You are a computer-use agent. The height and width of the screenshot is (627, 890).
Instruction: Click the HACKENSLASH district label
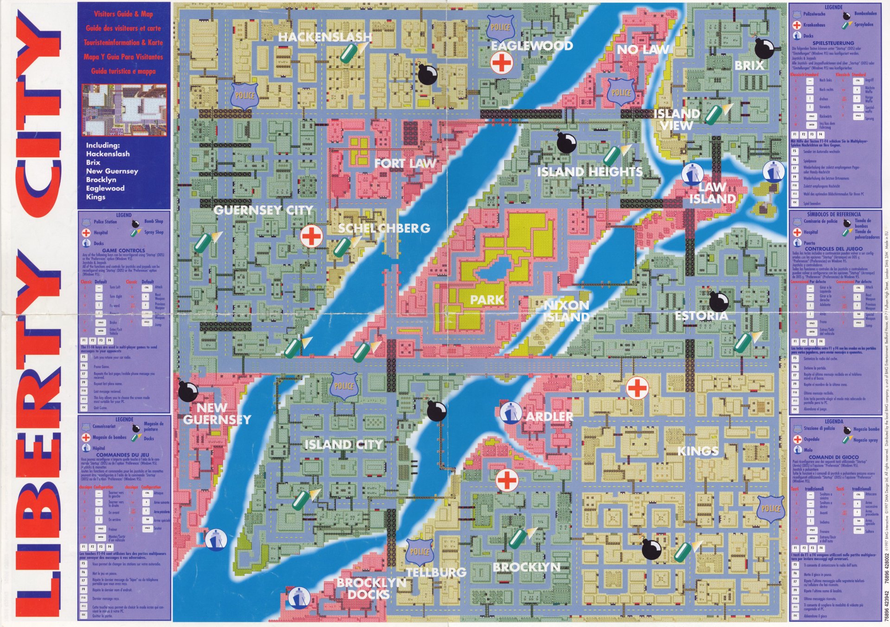coord(325,37)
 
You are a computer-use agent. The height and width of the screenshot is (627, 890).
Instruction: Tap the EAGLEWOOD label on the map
coord(532,45)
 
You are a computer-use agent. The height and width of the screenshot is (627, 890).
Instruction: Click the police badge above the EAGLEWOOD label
coord(500,27)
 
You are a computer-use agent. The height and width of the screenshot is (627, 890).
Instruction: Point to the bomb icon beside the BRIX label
coord(763,48)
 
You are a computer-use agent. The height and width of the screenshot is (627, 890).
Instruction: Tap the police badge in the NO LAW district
coord(621,92)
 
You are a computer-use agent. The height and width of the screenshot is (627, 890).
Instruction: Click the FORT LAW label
coord(405,163)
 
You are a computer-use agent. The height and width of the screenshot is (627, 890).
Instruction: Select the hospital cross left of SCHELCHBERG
coord(311,237)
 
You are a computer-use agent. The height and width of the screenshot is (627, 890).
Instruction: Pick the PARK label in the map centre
coord(487,300)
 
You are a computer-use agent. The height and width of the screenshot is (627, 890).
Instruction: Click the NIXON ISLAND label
coord(566,311)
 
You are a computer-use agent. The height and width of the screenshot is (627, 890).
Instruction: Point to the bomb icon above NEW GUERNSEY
coord(188,391)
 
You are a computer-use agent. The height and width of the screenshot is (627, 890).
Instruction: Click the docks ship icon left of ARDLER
coord(510,413)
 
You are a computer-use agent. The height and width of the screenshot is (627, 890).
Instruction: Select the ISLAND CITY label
coord(343,445)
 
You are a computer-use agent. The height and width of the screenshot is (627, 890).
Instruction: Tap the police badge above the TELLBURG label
coord(420,552)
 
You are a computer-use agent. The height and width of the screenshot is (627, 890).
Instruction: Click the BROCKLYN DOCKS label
coord(371,589)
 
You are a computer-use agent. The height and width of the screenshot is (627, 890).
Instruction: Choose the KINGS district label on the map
coord(698,451)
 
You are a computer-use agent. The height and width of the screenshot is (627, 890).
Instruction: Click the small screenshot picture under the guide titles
coord(124,110)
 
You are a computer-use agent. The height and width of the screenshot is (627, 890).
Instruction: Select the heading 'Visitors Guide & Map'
coord(123,14)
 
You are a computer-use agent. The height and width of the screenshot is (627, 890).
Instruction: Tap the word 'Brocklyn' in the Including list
coord(101,179)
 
